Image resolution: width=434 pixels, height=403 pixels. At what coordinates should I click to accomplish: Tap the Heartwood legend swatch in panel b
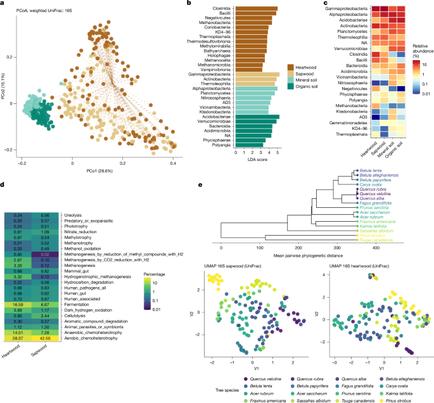click(290, 66)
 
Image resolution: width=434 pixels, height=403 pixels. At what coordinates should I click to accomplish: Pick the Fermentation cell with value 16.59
click(22, 304)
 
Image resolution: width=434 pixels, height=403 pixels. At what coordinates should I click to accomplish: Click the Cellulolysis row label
click(77, 316)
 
